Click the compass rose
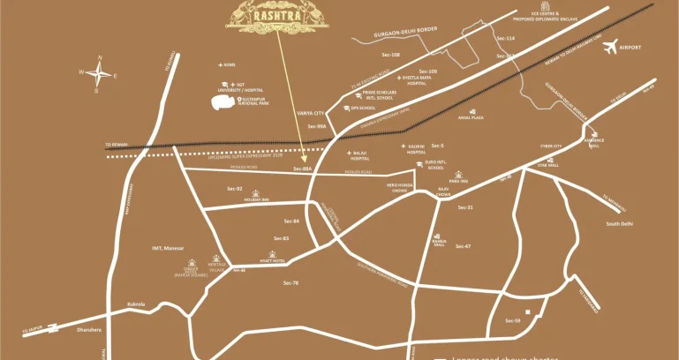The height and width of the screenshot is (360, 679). pyautogui.click(x=99, y=74)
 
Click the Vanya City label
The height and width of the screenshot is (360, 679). pyautogui.click(x=311, y=113)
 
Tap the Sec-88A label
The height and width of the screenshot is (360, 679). pyautogui.click(x=303, y=167)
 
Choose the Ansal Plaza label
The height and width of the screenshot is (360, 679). pyautogui.click(x=471, y=116)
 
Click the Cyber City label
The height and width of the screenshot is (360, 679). pyautogui.click(x=551, y=146)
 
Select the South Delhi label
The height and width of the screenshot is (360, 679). pyautogui.click(x=620, y=223)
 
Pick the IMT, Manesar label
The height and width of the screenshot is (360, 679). pyautogui.click(x=168, y=248)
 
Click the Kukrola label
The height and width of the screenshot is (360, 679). pyautogui.click(x=135, y=304)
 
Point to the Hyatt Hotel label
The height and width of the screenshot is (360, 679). pyautogui.click(x=272, y=260)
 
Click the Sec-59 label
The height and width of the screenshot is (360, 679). pyautogui.click(x=512, y=320)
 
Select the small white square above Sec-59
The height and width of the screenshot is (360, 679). pyautogui.click(x=528, y=312)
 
